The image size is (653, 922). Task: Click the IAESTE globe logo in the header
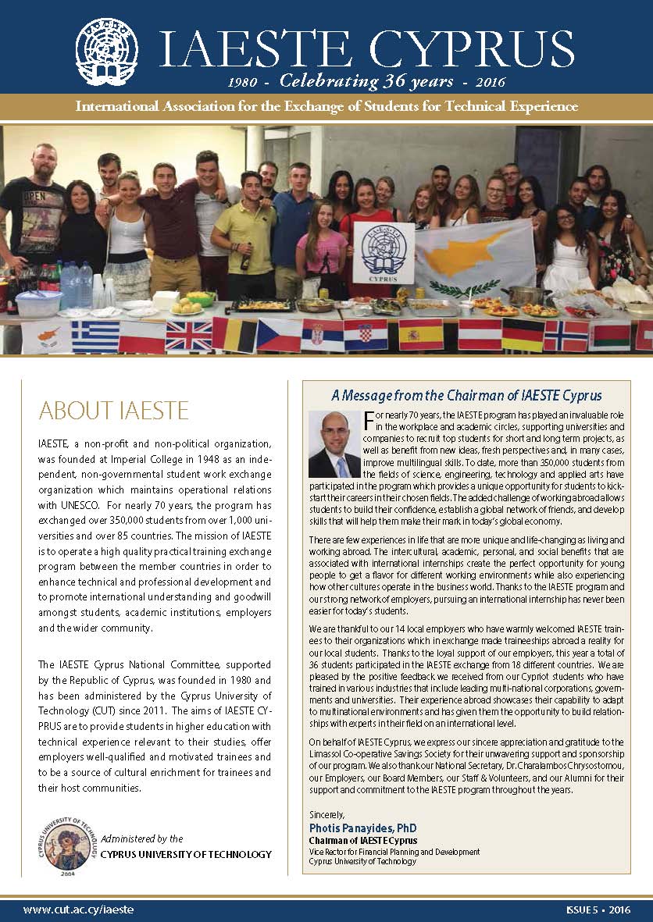106,52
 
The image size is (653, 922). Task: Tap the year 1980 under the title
243,82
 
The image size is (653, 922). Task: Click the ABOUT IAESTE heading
113,410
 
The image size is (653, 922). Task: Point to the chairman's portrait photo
334,443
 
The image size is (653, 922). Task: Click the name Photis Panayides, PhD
363,828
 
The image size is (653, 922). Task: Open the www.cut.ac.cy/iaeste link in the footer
78,910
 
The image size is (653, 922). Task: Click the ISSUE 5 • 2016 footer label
598,910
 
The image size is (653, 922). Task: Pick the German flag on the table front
523,334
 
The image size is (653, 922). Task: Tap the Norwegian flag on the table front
565,335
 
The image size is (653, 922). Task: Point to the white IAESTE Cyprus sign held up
384,253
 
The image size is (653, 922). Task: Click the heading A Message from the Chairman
466,396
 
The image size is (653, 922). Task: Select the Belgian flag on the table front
235,335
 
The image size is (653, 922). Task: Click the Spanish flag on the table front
421,334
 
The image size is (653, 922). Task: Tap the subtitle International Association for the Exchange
326,106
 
